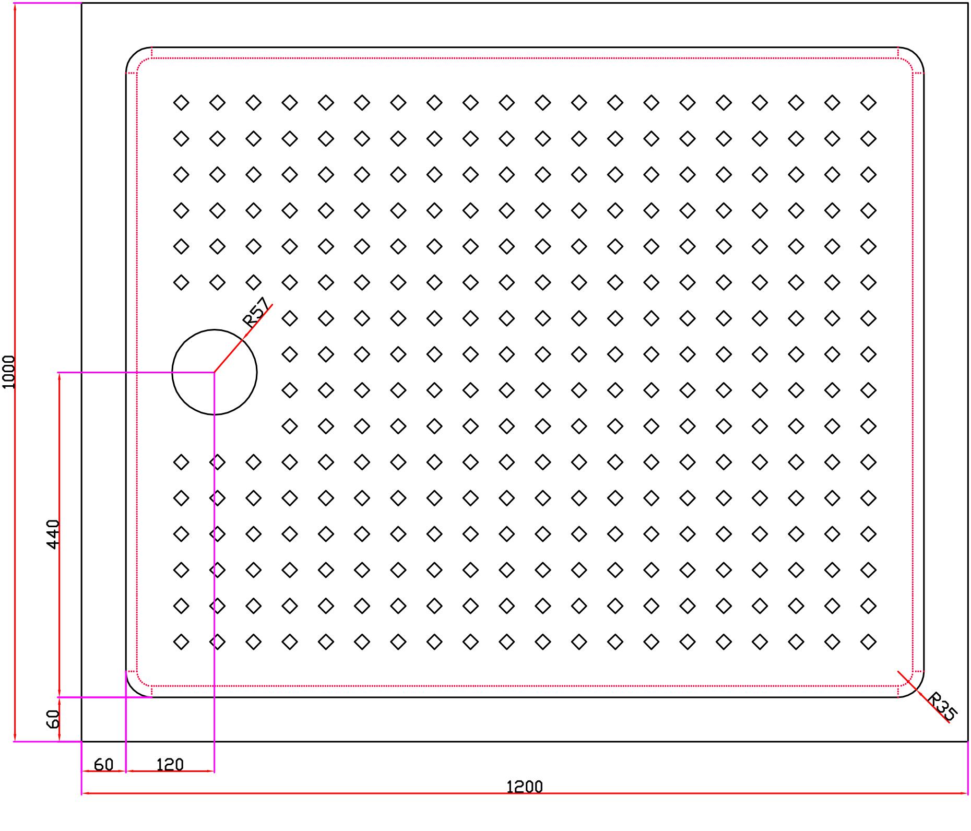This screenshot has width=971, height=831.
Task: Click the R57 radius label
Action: click(256, 312)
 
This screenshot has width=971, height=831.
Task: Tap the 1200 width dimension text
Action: click(525, 786)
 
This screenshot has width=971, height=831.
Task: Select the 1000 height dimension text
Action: click(9, 372)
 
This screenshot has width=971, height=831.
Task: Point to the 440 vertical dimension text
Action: click(53, 533)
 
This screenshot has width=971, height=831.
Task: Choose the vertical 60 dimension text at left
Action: click(53, 719)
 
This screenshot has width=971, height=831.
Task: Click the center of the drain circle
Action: click(214, 372)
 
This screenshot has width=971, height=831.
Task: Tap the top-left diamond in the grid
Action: click(181, 102)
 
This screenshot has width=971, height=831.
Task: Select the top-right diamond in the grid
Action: click(868, 102)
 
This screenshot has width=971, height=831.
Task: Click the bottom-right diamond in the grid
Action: click(868, 642)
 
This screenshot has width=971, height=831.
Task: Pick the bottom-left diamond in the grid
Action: click(181, 642)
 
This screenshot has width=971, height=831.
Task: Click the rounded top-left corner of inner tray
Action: click(134, 55)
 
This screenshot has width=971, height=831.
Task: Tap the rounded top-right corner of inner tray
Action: click(916, 55)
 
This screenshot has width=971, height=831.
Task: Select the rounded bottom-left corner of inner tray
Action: click(134, 689)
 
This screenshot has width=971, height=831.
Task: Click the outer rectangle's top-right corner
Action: click(967, 3)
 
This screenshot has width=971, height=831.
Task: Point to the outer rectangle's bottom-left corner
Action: click(82, 741)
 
